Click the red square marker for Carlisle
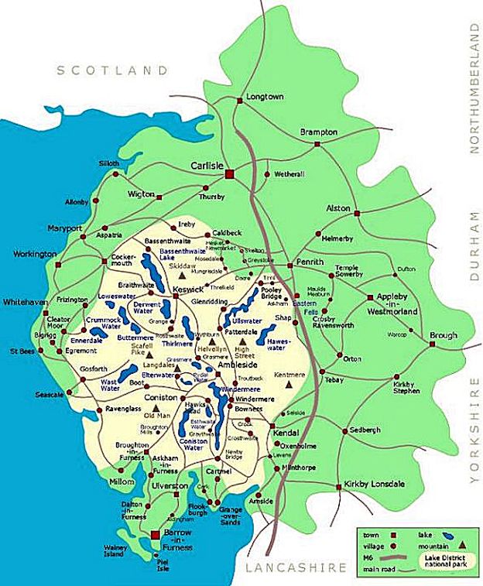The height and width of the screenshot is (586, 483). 229,175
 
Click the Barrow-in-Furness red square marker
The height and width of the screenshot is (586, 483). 155,535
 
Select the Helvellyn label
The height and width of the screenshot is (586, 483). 211,350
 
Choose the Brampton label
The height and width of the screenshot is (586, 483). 320,132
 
